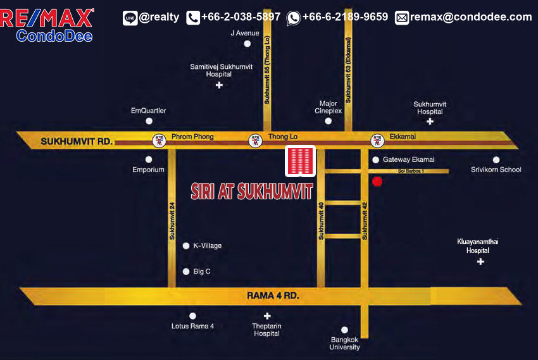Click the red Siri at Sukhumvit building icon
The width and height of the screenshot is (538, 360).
tap(301, 161)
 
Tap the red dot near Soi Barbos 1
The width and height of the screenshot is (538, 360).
tap(377, 182)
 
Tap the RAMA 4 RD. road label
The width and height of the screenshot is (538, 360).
tap(273, 295)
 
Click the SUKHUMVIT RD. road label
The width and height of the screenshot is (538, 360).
tap(76, 142)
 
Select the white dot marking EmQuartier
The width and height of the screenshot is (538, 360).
tap(149, 121)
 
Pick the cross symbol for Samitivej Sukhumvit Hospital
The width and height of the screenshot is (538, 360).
tap(219, 85)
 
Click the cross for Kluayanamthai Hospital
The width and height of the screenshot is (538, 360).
tap(480, 261)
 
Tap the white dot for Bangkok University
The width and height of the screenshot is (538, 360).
tap(345, 330)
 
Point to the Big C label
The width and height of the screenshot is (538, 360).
tap(202, 271)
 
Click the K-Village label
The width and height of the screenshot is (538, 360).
tap(208, 245)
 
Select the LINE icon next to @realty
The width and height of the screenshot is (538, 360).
tap(130, 18)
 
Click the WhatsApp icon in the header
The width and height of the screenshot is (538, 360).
tap(293, 18)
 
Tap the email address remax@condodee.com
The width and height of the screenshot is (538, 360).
tap(471, 17)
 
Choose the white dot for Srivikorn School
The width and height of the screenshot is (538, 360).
tap(496, 160)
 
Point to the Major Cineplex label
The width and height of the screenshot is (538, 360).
tap(328, 106)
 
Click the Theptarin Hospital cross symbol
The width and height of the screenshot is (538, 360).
tap(267, 316)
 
